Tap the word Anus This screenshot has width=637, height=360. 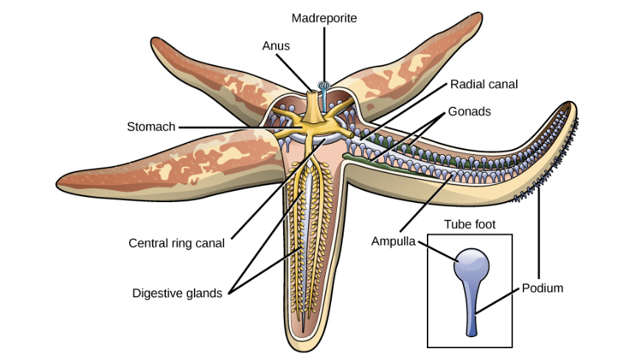coord(276,46)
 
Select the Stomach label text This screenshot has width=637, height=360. coord(151,127)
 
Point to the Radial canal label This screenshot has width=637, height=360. coord(484,84)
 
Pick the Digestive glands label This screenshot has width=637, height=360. coord(177,293)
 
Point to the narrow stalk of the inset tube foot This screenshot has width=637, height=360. coord(471,314)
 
